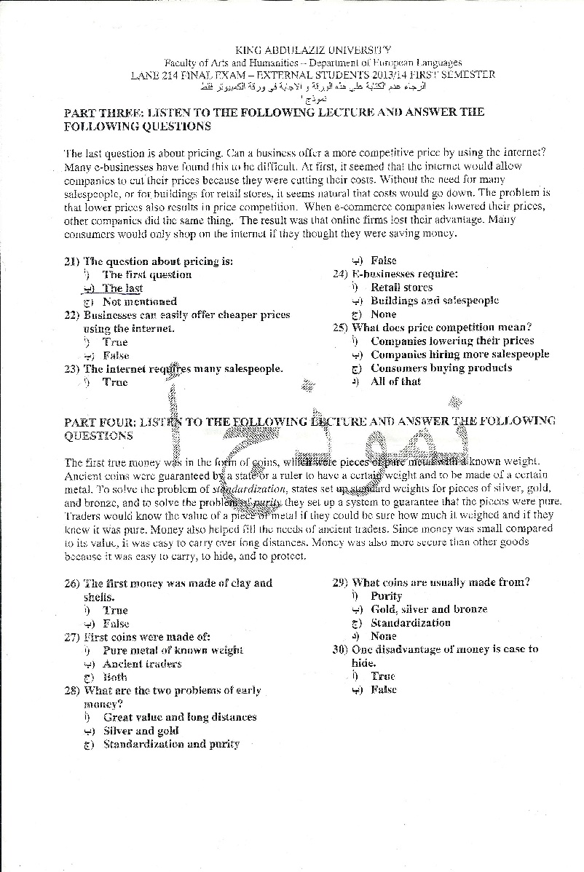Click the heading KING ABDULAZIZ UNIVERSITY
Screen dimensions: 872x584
coord(313,50)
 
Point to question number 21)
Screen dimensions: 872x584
coord(72,261)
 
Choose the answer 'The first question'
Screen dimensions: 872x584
coord(147,274)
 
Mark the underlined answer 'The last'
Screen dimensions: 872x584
coord(122,288)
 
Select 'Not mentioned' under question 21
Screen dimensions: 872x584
coord(140,301)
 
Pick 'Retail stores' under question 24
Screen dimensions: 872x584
coord(401,288)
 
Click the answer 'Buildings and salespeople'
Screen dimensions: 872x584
coord(435,301)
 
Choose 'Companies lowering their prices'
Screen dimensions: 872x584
coord(452,341)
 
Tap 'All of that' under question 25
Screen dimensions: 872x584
coord(395,381)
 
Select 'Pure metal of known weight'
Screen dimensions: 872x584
coord(173,650)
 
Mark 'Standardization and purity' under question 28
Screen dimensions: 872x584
coord(171,744)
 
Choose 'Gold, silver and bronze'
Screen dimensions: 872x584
coord(429,609)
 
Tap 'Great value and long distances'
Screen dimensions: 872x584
coord(180,717)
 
